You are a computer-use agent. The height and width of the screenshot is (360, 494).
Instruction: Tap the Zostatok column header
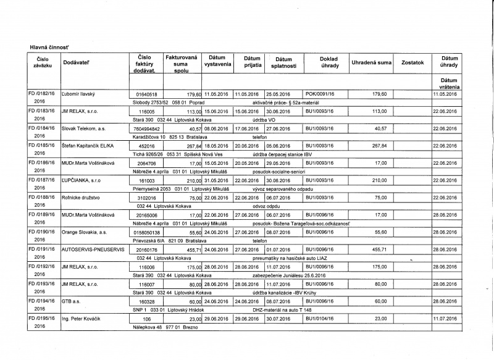pos(412,63)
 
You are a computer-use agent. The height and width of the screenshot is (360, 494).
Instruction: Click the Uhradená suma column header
pos(371,63)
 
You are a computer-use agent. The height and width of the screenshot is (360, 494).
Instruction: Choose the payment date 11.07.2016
pos(444,318)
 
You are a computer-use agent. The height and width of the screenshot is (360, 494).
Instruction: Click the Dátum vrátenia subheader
pos(449,83)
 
